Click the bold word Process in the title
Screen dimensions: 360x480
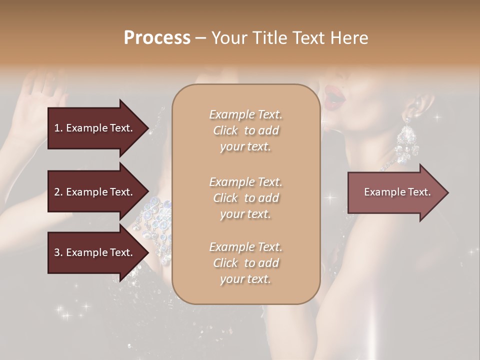coord(157,37)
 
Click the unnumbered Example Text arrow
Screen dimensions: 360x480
coord(397,192)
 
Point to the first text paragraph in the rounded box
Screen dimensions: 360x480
coord(245,130)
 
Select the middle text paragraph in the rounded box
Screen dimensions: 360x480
coord(245,197)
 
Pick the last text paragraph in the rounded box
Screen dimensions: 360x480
coord(245,263)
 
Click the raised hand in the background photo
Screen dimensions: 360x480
coord(37,95)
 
